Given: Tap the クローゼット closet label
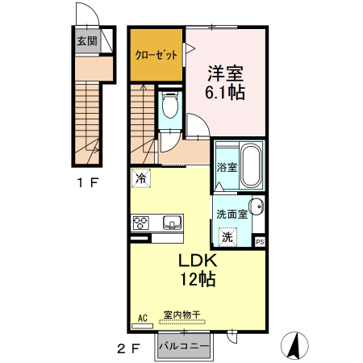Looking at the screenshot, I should (x=156, y=56).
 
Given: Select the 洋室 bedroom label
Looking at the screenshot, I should (x=225, y=72).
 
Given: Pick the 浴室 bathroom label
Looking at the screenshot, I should (x=227, y=169).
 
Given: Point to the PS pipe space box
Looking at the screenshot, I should (x=260, y=241).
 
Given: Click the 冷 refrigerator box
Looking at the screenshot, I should (x=141, y=177).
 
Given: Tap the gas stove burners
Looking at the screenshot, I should (x=140, y=222).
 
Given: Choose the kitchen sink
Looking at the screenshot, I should (x=172, y=222).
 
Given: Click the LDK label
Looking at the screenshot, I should (x=196, y=262).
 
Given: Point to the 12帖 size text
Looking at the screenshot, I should (x=196, y=282).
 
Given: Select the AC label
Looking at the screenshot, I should (x=143, y=317).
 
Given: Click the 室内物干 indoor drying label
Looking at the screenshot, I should (x=181, y=316).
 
